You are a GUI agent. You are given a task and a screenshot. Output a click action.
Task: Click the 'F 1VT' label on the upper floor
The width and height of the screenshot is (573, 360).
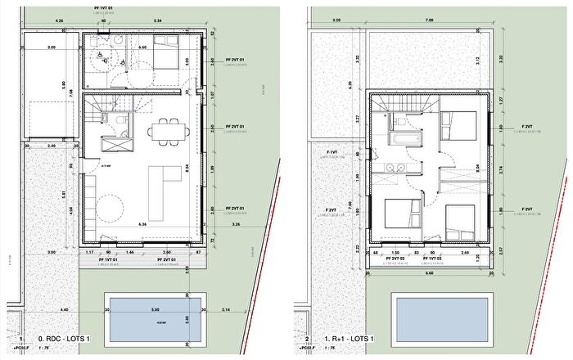[x=332, y=153]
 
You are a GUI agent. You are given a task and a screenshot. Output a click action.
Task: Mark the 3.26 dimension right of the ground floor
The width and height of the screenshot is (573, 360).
[x=237, y=223]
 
